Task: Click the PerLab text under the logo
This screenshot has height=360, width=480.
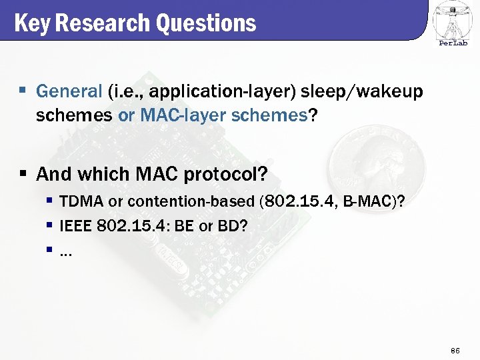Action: [453, 43]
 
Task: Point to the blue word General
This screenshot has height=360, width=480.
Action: [69, 91]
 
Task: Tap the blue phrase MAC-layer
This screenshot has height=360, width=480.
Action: [173, 115]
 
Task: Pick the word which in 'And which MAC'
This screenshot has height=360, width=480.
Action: [104, 175]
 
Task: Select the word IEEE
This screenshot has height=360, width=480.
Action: [76, 226]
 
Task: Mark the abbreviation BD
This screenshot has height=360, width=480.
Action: [227, 226]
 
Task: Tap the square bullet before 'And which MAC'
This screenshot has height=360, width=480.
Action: [22, 175]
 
